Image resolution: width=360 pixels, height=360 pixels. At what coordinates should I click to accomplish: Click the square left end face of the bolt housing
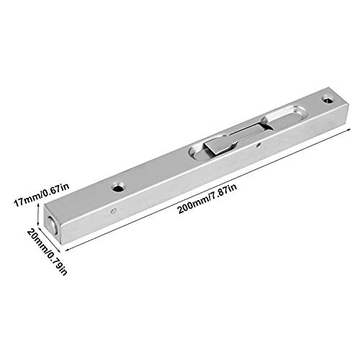click(53, 224)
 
